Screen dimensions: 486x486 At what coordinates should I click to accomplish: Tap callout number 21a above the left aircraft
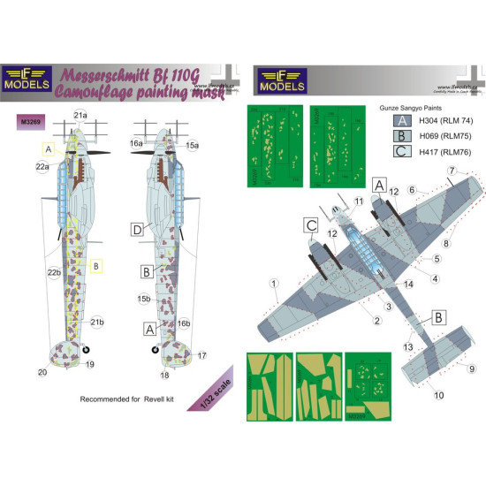[80, 116]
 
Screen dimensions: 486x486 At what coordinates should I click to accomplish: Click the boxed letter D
[138, 232]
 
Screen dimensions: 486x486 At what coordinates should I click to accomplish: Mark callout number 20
[42, 372]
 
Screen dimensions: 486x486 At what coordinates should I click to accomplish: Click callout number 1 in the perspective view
[275, 285]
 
